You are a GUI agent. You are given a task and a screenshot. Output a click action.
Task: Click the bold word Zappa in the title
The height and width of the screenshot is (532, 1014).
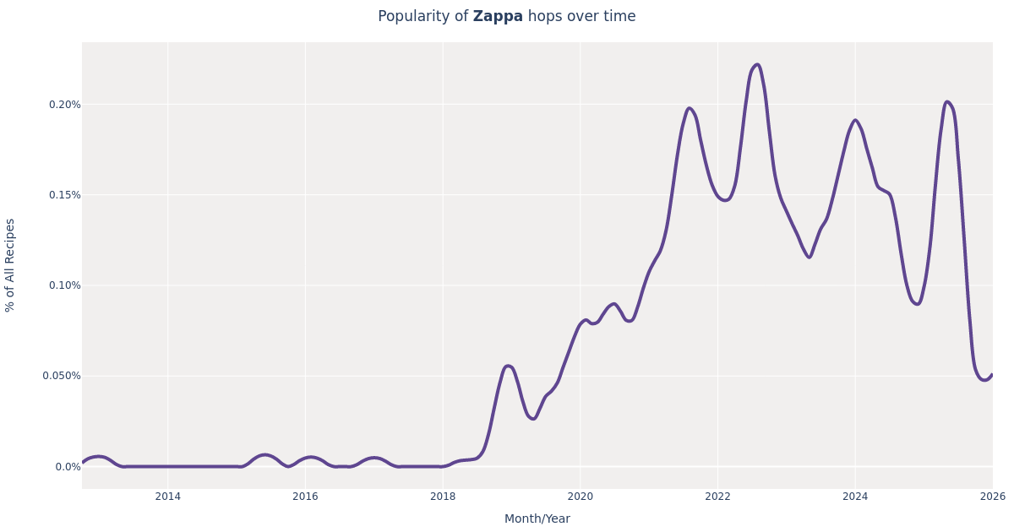click(x=498, y=17)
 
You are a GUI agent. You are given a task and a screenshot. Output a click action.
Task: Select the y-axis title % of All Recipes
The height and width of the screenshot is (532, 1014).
click(x=11, y=265)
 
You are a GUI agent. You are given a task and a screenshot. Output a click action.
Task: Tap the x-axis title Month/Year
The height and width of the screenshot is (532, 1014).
click(x=537, y=518)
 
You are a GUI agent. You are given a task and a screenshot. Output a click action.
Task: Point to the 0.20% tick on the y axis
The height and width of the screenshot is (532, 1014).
click(x=65, y=105)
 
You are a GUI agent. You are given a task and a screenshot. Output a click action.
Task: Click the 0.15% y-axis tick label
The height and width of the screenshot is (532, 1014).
click(x=65, y=195)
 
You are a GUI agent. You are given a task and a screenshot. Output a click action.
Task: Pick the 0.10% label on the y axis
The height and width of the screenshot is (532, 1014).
click(x=65, y=285)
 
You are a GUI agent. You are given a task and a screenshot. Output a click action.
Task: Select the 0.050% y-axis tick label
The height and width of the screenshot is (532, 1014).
click(x=63, y=376)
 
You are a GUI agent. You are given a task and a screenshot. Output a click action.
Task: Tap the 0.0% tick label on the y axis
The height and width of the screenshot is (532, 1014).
click(x=68, y=466)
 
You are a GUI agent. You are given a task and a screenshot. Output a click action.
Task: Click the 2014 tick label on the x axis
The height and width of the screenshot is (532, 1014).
click(x=167, y=497)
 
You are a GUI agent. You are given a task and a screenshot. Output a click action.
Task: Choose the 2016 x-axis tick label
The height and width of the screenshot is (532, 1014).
click(x=305, y=497)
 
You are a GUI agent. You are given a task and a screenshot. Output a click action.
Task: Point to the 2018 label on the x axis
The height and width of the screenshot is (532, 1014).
click(x=443, y=497)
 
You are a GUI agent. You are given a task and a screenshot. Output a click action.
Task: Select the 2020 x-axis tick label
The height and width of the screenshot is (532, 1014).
click(x=580, y=497)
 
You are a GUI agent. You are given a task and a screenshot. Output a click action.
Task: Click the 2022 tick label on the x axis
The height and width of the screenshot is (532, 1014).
click(x=717, y=497)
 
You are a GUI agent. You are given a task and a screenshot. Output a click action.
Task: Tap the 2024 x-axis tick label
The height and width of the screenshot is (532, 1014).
click(x=855, y=497)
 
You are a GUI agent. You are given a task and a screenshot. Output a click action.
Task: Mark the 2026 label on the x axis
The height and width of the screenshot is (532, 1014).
click(x=992, y=497)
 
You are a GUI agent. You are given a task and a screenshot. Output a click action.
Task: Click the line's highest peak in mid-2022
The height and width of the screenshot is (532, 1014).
click(x=756, y=65)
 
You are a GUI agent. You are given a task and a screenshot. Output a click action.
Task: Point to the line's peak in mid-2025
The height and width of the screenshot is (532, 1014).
click(x=947, y=102)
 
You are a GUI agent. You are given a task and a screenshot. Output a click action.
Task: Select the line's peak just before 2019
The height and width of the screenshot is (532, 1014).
click(x=508, y=366)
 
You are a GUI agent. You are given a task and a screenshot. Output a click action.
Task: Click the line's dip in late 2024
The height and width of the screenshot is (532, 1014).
click(x=917, y=304)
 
